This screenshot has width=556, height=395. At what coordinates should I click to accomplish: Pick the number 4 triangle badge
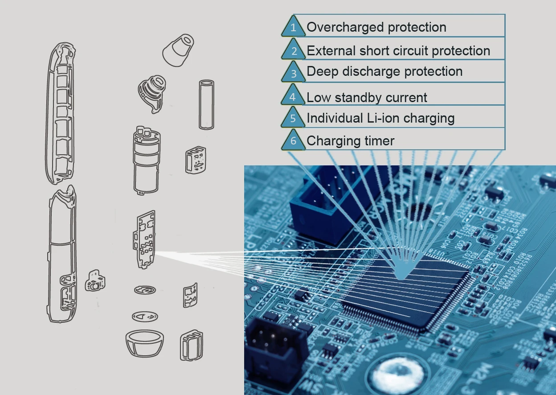(x=293, y=97)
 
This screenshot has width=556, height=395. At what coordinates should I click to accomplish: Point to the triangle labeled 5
(x=293, y=119)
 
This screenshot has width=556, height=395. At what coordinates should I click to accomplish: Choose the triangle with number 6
(x=293, y=141)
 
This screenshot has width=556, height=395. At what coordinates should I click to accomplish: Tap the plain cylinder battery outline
(x=207, y=104)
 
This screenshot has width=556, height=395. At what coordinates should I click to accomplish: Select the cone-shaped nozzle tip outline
(x=178, y=49)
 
